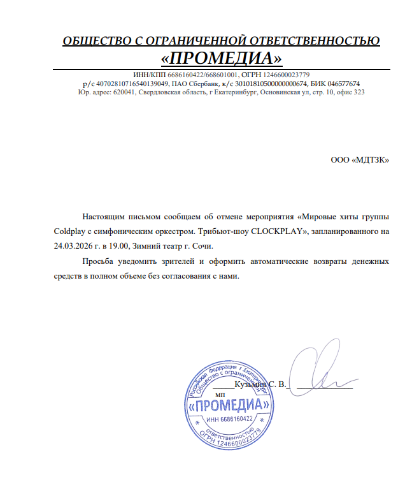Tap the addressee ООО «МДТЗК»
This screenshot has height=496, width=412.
[x=359, y=160]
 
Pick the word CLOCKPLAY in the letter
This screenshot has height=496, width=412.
[x=278, y=231]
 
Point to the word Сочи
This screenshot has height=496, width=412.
[x=202, y=245]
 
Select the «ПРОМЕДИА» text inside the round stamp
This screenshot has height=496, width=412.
[x=227, y=405]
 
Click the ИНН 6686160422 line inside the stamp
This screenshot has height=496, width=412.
[x=229, y=419]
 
